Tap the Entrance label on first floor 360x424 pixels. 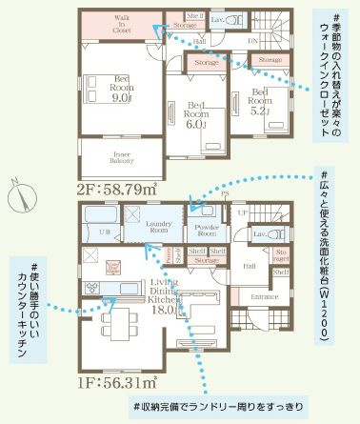[x=264, y=297]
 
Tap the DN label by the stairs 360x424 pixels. [x=251, y=41]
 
